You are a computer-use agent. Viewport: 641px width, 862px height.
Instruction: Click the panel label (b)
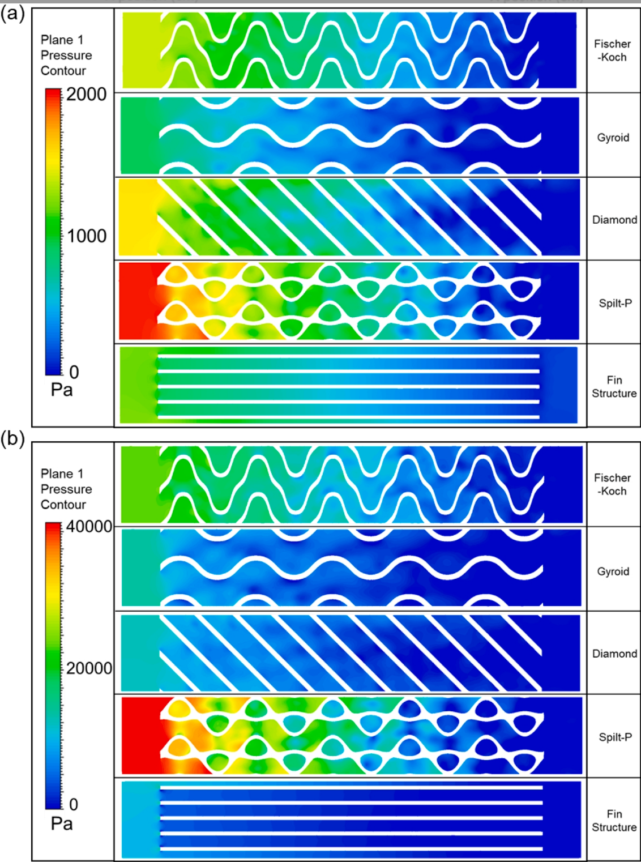click(x=12, y=439)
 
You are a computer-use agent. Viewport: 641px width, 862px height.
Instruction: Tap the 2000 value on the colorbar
click(x=86, y=94)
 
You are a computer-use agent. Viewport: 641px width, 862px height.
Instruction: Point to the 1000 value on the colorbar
click(x=86, y=236)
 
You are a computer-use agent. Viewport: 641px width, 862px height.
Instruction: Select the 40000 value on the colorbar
click(x=89, y=527)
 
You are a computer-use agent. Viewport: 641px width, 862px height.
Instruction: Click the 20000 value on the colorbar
click(x=89, y=668)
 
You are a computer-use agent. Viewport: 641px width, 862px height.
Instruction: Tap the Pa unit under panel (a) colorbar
click(x=62, y=390)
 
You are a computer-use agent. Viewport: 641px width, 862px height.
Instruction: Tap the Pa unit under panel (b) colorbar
click(x=62, y=823)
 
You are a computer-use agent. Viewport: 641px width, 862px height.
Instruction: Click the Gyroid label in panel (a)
click(x=613, y=138)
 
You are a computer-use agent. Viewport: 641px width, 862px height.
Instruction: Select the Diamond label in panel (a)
click(x=614, y=220)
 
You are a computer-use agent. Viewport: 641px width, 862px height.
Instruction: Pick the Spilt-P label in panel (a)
click(x=615, y=303)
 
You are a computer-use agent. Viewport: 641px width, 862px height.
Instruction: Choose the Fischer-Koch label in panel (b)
click(x=612, y=484)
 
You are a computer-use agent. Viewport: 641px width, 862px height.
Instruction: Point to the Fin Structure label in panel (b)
click(x=614, y=820)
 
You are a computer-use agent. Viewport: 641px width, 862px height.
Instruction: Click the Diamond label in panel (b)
click(x=614, y=654)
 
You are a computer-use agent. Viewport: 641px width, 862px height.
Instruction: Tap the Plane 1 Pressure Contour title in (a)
click(x=66, y=55)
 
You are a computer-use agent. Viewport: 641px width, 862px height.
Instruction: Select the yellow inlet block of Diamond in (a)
click(x=137, y=217)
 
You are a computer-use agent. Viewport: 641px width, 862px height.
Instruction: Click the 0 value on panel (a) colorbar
click(x=74, y=372)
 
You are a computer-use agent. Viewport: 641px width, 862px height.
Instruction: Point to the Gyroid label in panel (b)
click(x=613, y=571)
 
